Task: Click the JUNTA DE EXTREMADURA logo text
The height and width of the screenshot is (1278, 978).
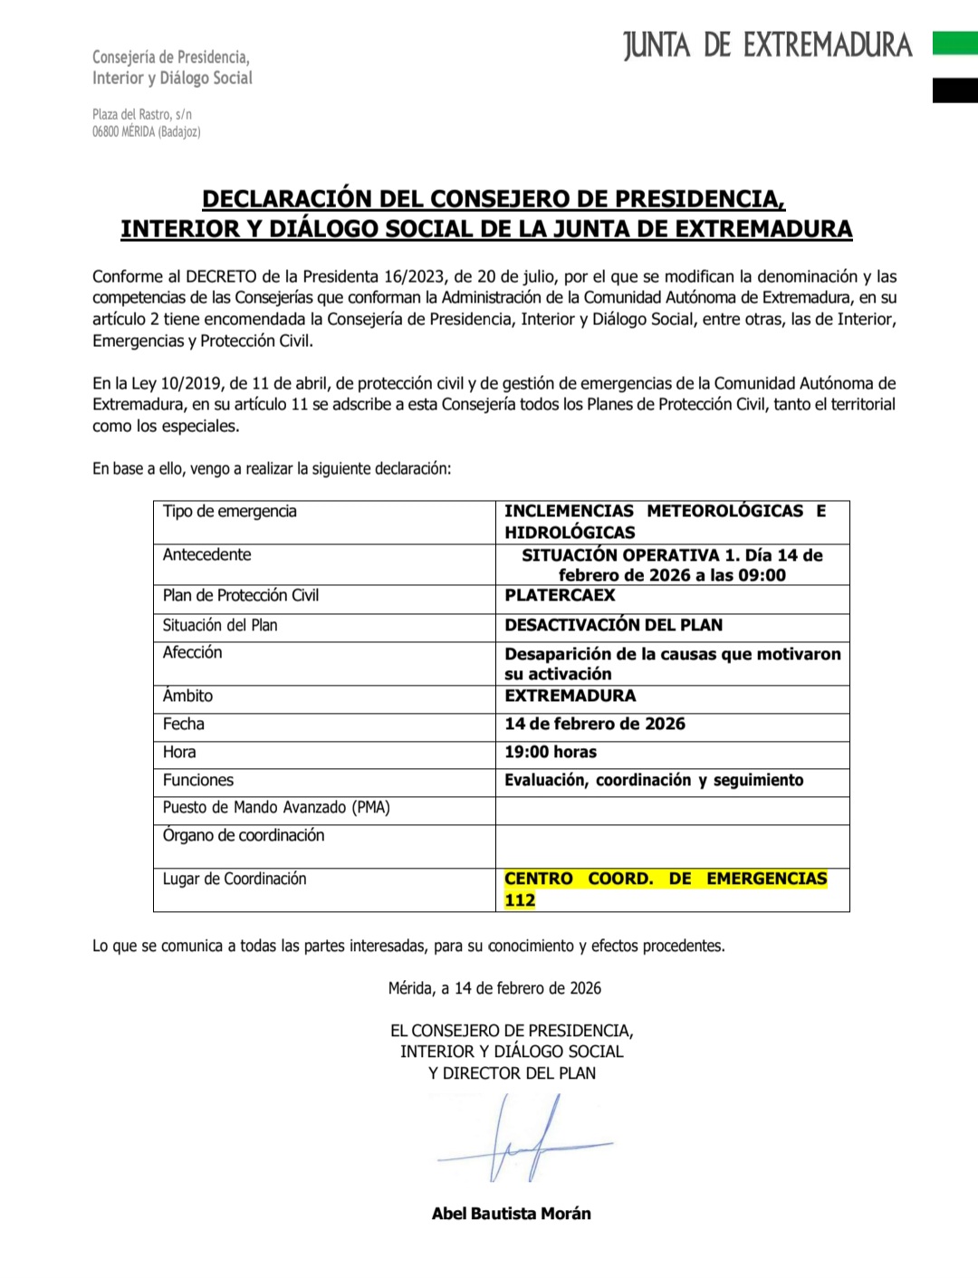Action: pyautogui.click(x=767, y=44)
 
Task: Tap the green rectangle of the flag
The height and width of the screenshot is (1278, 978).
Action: pyautogui.click(x=954, y=43)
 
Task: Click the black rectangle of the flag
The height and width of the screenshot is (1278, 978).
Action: pyautogui.click(x=954, y=90)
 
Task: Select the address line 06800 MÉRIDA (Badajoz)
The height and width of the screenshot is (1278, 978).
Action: pyautogui.click(x=146, y=132)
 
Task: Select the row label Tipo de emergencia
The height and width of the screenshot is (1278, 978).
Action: pyautogui.click(x=230, y=511)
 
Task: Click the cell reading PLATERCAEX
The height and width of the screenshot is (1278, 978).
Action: pyautogui.click(x=560, y=595)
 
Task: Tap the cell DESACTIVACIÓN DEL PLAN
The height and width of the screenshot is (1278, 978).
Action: pyautogui.click(x=613, y=625)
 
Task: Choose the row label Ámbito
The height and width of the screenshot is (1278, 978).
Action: pyautogui.click(x=187, y=696)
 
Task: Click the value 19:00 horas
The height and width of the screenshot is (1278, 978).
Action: pyautogui.click(x=551, y=752)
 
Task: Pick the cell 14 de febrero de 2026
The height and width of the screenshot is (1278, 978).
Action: pyautogui.click(x=595, y=724)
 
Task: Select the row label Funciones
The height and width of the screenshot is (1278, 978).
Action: pyautogui.click(x=198, y=780)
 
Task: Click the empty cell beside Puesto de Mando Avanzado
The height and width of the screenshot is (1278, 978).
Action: pyautogui.click(x=672, y=811)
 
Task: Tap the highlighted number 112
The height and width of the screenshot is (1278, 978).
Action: pyautogui.click(x=520, y=900)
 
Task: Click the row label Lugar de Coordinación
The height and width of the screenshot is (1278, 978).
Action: pyautogui.click(x=235, y=879)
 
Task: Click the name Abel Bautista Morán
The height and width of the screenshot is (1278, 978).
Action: pyautogui.click(x=511, y=1214)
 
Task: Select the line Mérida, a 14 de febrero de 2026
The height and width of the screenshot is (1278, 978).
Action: pyautogui.click(x=494, y=988)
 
